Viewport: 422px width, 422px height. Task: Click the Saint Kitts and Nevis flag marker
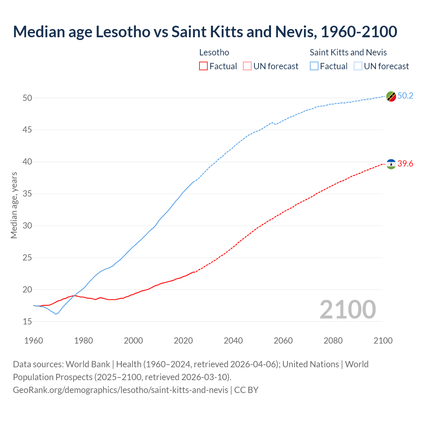[391, 96]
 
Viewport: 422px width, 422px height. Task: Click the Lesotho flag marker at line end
[391, 164]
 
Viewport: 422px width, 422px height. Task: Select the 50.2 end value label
[405, 96]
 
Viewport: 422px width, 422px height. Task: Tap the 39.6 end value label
[405, 164]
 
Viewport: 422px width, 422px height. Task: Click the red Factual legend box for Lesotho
[203, 66]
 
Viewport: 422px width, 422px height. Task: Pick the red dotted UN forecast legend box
[247, 66]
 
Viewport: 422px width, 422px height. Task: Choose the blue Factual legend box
[314, 66]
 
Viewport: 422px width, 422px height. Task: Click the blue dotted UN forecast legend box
[358, 66]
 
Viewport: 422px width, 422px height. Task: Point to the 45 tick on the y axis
[27, 130]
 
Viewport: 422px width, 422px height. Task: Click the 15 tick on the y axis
[27, 321]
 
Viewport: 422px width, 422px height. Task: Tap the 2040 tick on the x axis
[233, 341]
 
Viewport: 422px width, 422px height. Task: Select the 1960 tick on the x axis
[34, 341]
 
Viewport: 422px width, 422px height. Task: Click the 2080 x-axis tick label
[333, 341]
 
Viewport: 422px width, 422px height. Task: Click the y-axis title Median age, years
[14, 205]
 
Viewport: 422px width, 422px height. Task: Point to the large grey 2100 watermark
[347, 310]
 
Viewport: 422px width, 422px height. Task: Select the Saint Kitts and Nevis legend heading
[348, 52]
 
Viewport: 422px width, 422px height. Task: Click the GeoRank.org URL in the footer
[120, 390]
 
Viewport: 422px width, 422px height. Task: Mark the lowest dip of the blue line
[56, 314]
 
